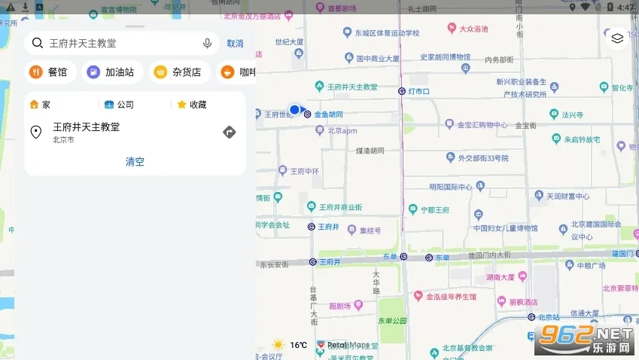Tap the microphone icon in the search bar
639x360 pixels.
207,44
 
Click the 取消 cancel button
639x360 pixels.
235,44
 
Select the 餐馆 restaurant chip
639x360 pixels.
49,72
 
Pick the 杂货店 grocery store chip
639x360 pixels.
178,72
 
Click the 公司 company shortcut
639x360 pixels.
119,105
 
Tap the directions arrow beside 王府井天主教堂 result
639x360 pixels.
230,133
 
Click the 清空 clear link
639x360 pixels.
135,161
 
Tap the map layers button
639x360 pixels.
617,38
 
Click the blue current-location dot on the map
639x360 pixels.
295,110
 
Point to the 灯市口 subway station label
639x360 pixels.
418,91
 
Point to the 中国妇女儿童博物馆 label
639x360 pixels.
505,228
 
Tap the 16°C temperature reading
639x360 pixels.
298,345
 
